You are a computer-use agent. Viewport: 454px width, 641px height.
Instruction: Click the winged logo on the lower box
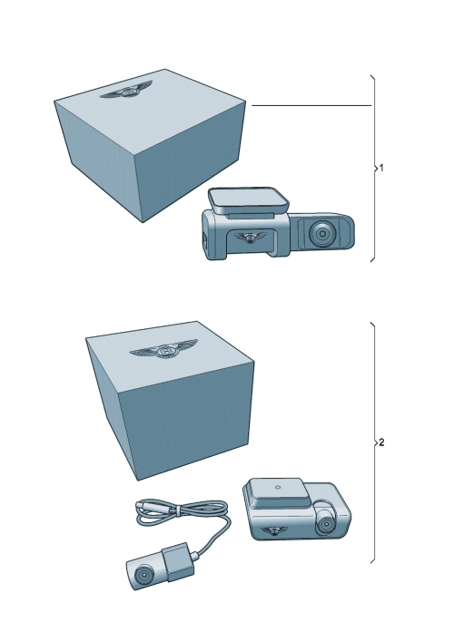pyautogui.click(x=164, y=351)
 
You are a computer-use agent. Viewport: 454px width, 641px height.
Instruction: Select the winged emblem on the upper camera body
pyautogui.click(x=246, y=238)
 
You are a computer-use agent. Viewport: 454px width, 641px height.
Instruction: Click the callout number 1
pyautogui.click(x=381, y=169)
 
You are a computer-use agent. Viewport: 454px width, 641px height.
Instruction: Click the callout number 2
pyautogui.click(x=381, y=443)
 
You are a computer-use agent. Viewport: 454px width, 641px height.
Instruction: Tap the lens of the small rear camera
pyautogui.click(x=143, y=574)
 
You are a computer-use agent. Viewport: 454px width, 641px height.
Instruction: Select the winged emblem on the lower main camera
pyautogui.click(x=271, y=530)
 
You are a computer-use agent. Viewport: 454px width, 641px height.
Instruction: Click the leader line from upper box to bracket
pyautogui.click(x=309, y=106)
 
